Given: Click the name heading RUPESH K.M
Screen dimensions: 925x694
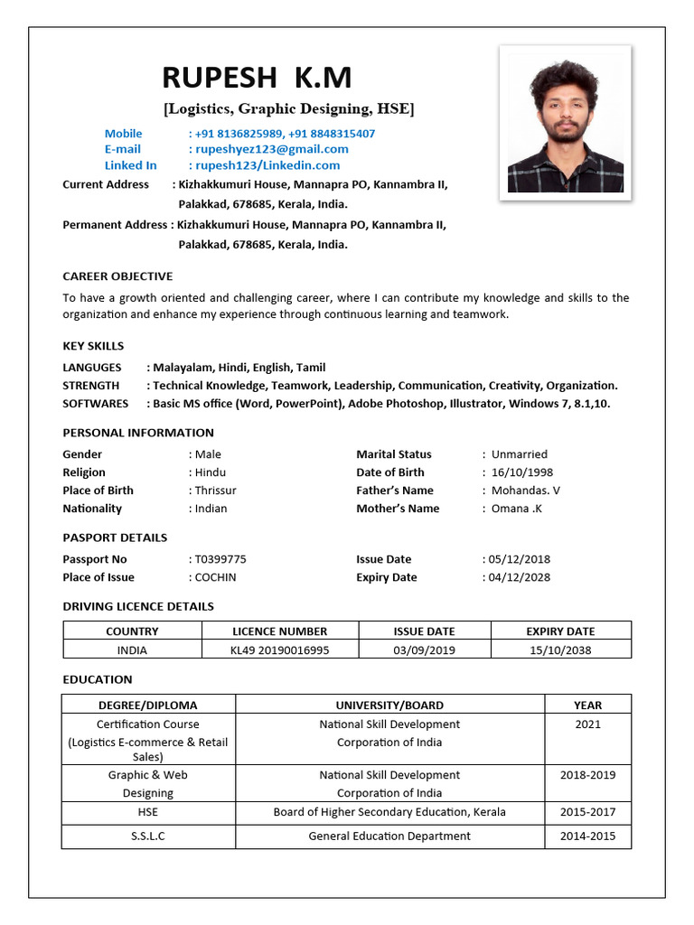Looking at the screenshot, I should tap(257, 78).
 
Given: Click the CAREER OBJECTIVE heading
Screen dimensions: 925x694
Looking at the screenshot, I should tap(117, 276).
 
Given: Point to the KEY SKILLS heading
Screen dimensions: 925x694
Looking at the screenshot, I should tap(93, 346).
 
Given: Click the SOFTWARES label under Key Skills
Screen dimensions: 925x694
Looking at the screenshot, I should tap(95, 404).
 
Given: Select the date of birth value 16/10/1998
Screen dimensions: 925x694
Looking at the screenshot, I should tap(522, 472).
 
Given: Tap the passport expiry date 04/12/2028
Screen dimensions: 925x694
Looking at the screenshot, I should tap(519, 577).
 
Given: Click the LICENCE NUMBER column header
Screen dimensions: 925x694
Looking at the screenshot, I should tap(280, 631).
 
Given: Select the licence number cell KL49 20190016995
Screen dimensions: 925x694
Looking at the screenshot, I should tap(280, 649).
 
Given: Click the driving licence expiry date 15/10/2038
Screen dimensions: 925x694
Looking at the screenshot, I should tap(560, 649).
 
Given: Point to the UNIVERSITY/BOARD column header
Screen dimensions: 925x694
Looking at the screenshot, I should tap(389, 705).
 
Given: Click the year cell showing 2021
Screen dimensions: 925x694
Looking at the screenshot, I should tap(587, 724).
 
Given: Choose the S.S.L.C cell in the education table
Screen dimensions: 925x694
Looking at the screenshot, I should tap(148, 836).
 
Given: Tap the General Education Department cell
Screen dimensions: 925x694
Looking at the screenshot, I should tap(389, 836).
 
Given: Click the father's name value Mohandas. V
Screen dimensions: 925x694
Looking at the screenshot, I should tap(526, 491).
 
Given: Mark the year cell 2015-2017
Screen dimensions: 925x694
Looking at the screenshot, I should tap(587, 812).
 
